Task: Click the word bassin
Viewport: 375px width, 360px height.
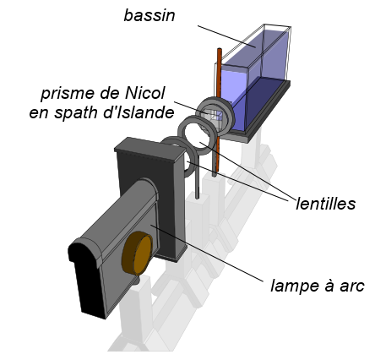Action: pos(149,15)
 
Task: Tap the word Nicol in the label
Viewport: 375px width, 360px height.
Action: pos(144,93)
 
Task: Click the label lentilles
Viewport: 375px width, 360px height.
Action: pos(326,204)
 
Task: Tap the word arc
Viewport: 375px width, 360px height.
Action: pos(351,286)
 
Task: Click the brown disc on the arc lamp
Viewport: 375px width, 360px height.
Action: pos(137,254)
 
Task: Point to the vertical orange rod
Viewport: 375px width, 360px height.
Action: pos(217,112)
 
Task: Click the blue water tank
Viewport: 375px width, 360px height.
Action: pos(253,78)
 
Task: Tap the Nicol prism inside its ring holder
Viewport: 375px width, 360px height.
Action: pos(213,116)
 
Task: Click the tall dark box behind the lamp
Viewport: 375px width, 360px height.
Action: pos(151,197)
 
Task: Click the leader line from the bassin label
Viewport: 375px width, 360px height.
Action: pos(226,36)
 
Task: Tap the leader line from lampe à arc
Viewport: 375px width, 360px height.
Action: pos(207,253)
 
